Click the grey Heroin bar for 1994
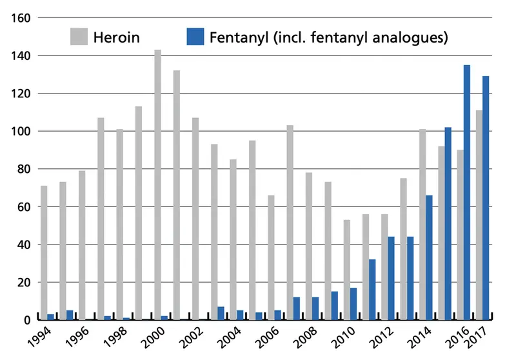[x=44, y=252]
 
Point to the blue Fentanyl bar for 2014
[x=428, y=257]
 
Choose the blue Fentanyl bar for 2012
[x=391, y=278]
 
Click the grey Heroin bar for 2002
[x=195, y=219]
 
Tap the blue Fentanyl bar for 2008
[x=315, y=308]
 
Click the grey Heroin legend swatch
[x=79, y=37]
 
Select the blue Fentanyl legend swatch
[x=195, y=37]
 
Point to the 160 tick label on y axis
[x=21, y=18]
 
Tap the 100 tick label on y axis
[x=21, y=132]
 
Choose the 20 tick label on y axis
[x=24, y=283]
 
